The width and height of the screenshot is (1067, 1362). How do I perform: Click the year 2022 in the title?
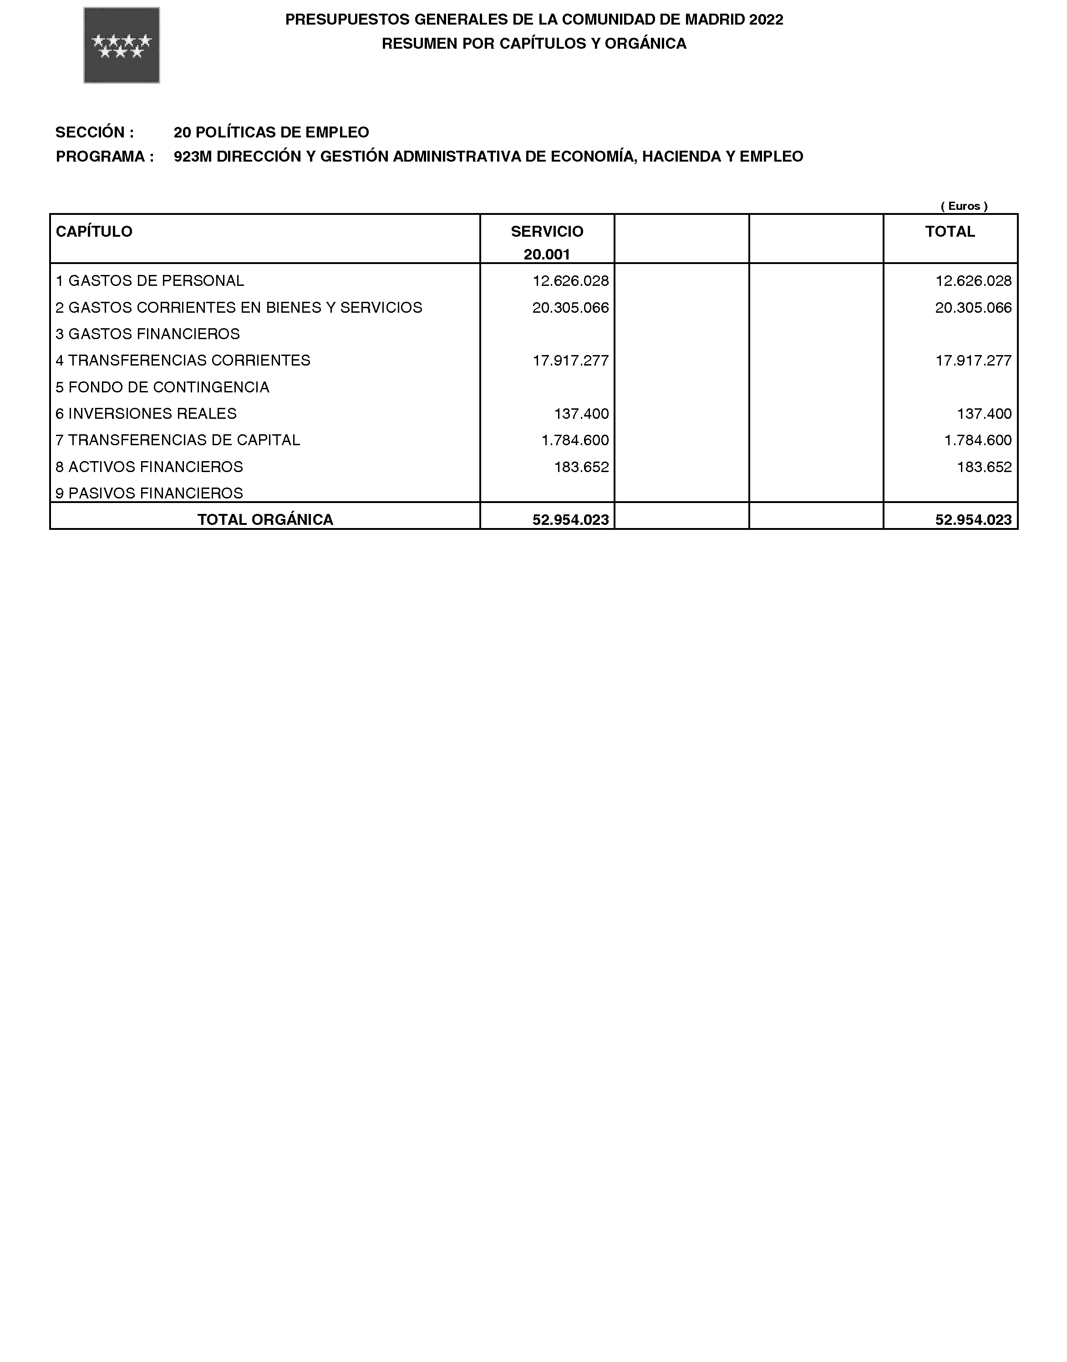[x=766, y=20]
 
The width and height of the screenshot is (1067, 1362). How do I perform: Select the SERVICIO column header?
[x=547, y=232]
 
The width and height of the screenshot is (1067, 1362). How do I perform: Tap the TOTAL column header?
[x=950, y=232]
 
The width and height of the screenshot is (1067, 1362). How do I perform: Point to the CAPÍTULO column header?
[x=94, y=232]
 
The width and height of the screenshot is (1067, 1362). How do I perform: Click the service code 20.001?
[x=547, y=254]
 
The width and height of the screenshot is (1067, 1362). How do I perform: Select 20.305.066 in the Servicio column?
[x=570, y=307]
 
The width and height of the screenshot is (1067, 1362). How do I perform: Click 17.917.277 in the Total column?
[x=973, y=361]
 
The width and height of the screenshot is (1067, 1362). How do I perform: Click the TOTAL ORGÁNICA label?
[x=265, y=519]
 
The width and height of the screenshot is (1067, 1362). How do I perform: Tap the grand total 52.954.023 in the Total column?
[x=973, y=519]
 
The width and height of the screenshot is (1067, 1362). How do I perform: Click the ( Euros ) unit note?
[x=964, y=206]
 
